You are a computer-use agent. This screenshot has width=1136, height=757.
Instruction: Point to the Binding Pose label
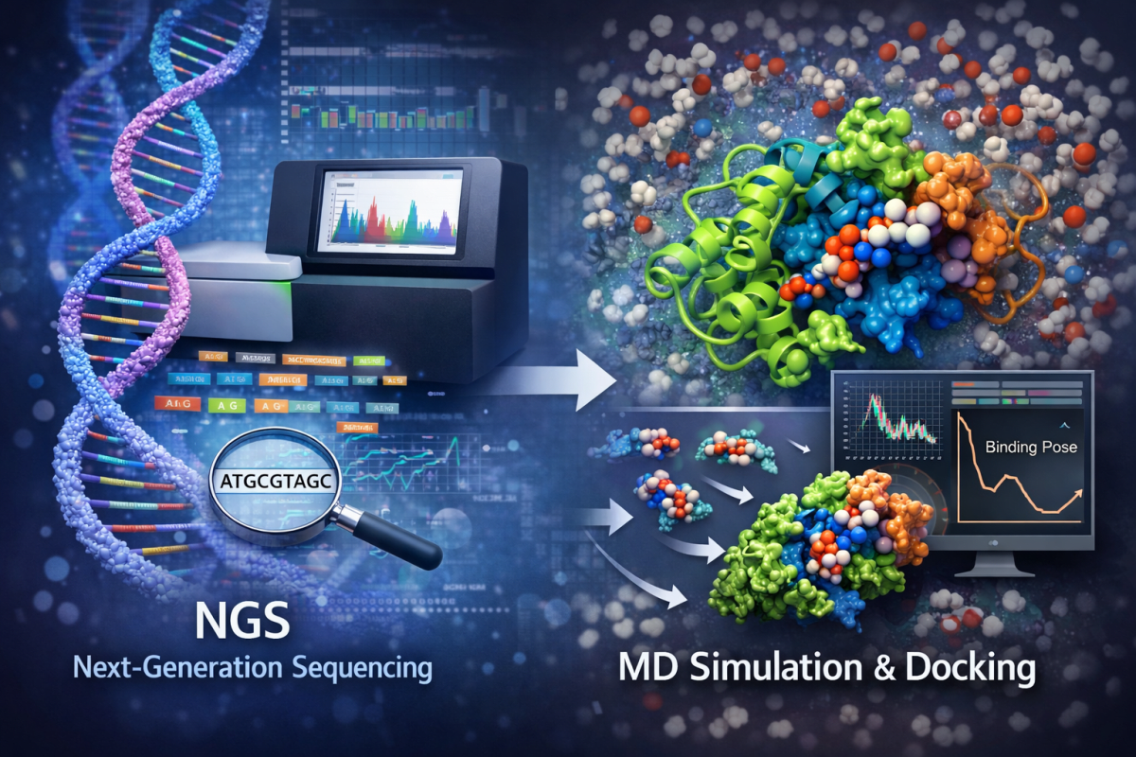pyautogui.click(x=1031, y=446)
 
